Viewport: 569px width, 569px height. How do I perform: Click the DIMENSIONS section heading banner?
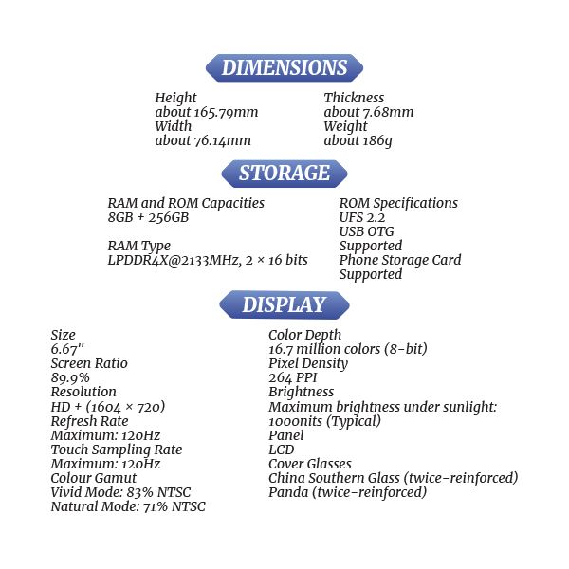(284, 68)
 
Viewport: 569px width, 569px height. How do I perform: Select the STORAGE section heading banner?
(284, 174)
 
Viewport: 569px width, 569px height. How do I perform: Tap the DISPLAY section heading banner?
(284, 305)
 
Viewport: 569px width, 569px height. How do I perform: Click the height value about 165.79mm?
(207, 112)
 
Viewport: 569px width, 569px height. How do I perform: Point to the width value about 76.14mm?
(203, 140)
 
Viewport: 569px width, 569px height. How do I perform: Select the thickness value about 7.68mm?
(369, 112)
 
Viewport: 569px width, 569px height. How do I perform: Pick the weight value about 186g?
(358, 140)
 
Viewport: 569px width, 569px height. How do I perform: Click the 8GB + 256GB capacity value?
(148, 217)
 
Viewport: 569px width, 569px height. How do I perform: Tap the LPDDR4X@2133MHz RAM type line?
(208, 260)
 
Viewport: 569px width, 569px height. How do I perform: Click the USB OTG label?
(366, 231)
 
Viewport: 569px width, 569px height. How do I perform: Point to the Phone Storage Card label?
(400, 260)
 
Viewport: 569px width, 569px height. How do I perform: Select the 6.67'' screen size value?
(67, 349)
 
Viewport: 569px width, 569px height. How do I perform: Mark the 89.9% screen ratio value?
(70, 377)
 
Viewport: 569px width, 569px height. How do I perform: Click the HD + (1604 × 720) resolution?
(108, 406)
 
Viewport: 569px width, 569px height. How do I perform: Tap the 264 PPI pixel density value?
(292, 377)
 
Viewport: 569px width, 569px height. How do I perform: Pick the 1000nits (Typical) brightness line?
(325, 421)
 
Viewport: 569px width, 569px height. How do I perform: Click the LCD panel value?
(282, 450)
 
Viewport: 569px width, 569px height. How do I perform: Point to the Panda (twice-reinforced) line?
(348, 492)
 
